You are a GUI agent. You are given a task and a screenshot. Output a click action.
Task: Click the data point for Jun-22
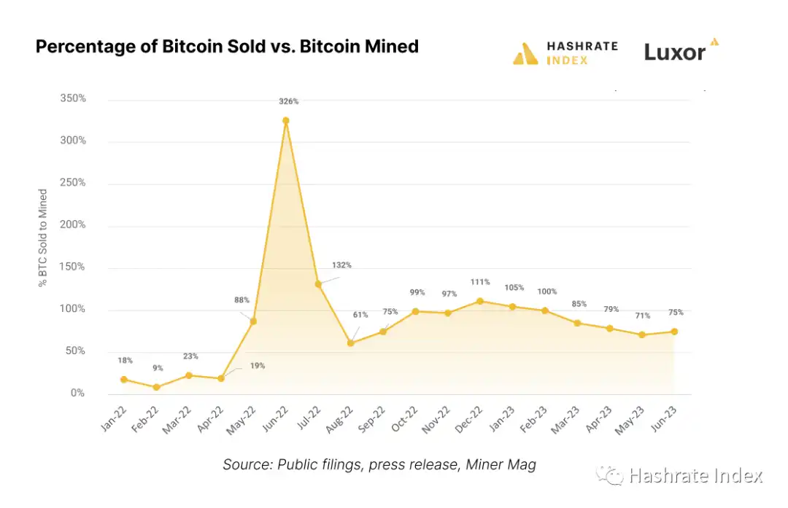[x=286, y=120]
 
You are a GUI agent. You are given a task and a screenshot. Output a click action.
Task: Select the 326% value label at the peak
[x=288, y=101]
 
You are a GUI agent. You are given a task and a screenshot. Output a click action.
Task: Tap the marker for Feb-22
[x=156, y=387]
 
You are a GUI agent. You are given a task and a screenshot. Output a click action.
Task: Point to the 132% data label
[x=341, y=265]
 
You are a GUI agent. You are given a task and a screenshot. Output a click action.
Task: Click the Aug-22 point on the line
[x=350, y=343]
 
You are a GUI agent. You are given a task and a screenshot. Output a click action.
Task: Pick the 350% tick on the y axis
[x=73, y=98]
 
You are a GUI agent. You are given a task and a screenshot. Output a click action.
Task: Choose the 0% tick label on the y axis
[x=77, y=394]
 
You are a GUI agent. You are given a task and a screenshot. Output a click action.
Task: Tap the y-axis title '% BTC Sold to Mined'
[x=43, y=238]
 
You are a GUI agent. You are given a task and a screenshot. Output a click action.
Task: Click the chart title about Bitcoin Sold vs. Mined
[x=227, y=47]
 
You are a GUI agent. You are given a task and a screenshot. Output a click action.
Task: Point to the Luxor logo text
[x=675, y=52]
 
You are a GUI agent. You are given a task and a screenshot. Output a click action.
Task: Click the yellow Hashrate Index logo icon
[x=525, y=53]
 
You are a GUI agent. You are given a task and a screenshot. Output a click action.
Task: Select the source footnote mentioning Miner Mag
[x=379, y=465]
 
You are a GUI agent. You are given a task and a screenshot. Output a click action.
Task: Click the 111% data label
[x=480, y=282]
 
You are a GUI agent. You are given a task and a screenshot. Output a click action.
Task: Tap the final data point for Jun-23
[x=674, y=332]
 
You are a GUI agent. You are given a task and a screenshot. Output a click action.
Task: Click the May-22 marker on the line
[x=253, y=321]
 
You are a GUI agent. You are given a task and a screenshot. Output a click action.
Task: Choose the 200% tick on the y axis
[x=73, y=224]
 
